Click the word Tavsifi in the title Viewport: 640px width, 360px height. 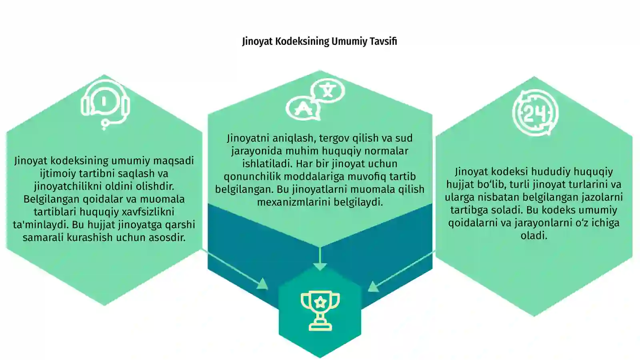(x=383, y=41)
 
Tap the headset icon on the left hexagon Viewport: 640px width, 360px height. (x=105, y=104)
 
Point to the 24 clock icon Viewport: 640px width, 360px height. (x=535, y=112)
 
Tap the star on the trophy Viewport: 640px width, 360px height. (x=320, y=302)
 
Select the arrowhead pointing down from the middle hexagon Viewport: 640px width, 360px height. (x=320, y=266)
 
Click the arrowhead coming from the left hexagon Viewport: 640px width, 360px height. (x=262, y=284)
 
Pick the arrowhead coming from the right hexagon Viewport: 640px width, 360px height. (x=374, y=286)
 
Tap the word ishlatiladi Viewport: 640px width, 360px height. (x=267, y=164)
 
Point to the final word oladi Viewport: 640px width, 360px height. (x=534, y=236)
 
